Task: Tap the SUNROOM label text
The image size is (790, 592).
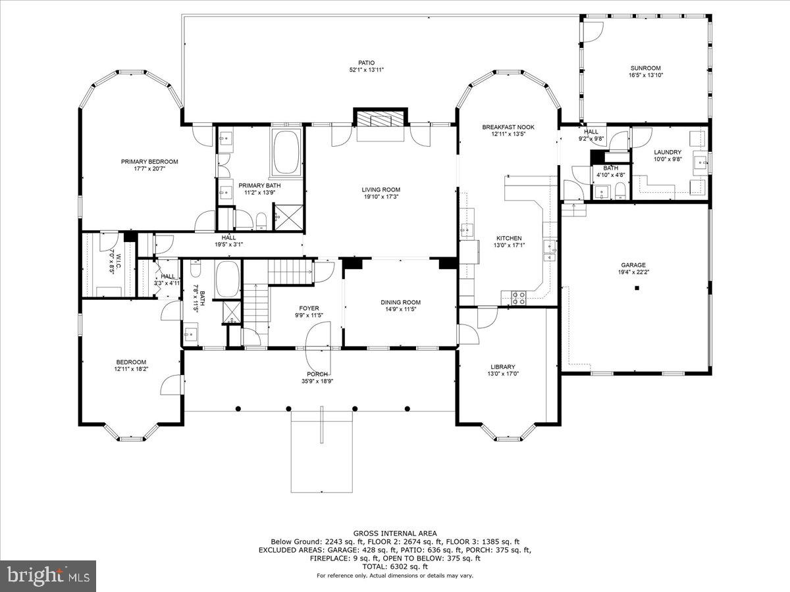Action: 645,68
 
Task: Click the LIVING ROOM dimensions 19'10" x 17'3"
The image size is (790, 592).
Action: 381,197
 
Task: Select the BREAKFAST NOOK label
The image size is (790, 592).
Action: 508,127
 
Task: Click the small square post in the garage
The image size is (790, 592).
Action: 637,289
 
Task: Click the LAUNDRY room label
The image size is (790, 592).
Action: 667,152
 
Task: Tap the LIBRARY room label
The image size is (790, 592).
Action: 502,367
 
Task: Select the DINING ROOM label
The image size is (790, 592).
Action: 400,303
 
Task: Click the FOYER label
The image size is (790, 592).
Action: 309,308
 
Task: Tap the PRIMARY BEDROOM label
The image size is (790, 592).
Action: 149,162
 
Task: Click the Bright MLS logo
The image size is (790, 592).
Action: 48,576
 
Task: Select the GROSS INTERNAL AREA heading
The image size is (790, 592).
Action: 395,533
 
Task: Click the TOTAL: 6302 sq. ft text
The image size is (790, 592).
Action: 395,566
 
